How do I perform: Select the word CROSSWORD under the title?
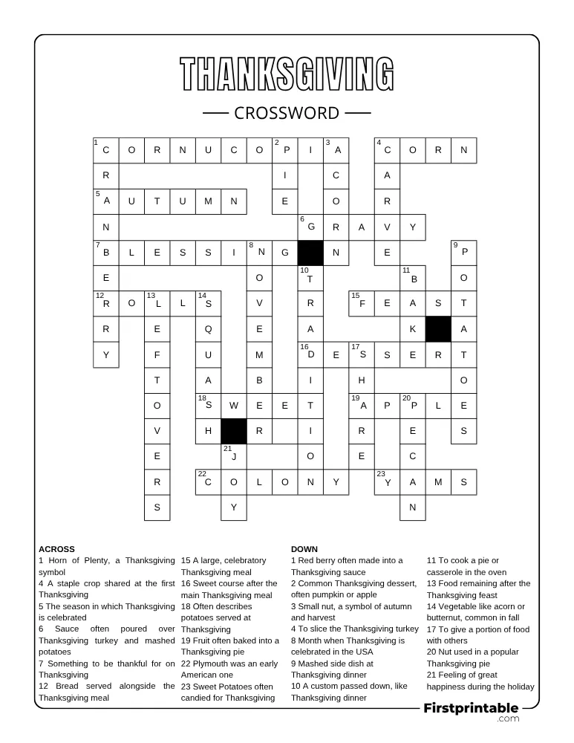pos(287,113)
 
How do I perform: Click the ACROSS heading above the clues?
pos(56,549)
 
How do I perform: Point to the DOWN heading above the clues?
pos(304,549)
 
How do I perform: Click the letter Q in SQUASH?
pos(209,329)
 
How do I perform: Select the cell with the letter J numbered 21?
pos(234,456)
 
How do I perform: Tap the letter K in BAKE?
pos(413,329)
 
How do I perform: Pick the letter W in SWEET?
pos(234,406)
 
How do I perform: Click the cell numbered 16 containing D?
pos(310,354)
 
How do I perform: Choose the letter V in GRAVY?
pos(388,227)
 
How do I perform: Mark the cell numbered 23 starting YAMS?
pos(387,482)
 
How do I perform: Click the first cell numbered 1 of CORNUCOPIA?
pos(106,150)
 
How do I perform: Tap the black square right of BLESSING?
pos(310,253)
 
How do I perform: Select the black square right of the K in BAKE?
pos(438,329)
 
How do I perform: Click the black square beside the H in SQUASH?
pos(234,431)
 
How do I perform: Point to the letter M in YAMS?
pos(438,482)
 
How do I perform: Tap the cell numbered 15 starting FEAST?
pos(362,303)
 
